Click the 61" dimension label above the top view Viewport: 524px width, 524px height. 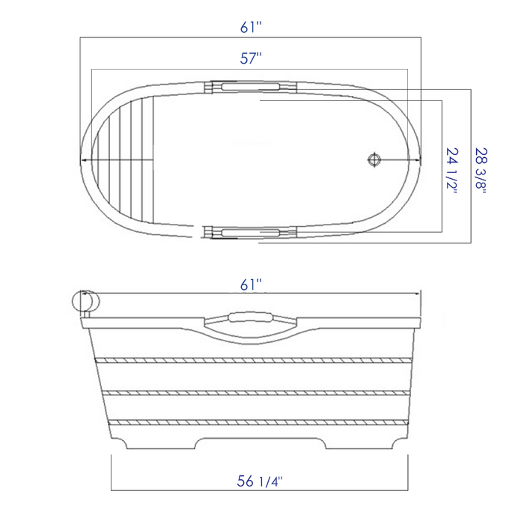pyautogui.click(x=252, y=27)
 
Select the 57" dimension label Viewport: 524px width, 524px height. pyautogui.click(x=252, y=57)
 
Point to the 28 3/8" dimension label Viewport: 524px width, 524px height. pyautogui.click(x=481, y=171)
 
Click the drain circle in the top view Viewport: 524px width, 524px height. pyautogui.click(x=374, y=159)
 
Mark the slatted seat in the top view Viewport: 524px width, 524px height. pyautogui.click(x=124, y=160)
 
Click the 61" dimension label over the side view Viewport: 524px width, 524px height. pyautogui.click(x=252, y=284)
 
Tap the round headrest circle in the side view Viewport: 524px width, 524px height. pyautogui.click(x=85, y=301)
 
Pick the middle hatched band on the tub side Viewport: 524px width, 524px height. pyautogui.click(x=255, y=392)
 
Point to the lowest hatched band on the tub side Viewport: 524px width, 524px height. pyautogui.click(x=255, y=424)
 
